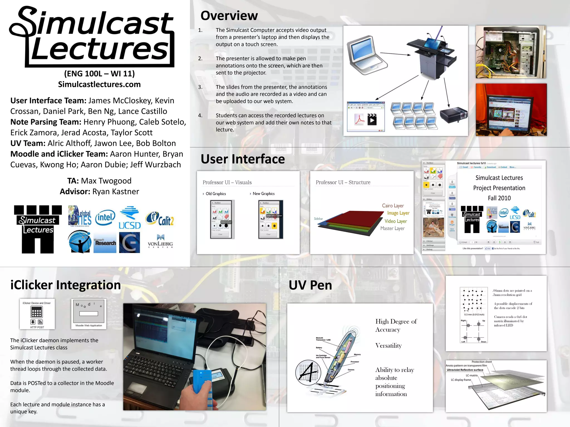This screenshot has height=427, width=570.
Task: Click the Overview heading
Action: pos(229,16)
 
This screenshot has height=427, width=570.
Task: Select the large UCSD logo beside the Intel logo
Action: pos(130,218)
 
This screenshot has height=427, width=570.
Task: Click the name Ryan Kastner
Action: pos(116,192)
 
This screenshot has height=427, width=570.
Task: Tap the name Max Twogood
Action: pos(106,181)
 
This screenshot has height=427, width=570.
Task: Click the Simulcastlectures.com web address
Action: pos(99,84)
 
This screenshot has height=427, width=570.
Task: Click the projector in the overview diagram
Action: pos(453,115)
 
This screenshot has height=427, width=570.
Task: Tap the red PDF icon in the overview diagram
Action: pos(359,120)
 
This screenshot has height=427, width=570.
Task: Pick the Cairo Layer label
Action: pos(393,206)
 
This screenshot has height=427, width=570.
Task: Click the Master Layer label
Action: pos(392,228)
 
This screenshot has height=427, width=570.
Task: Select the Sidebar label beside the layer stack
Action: pos(318,219)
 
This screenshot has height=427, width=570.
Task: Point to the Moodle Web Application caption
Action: pos(89,326)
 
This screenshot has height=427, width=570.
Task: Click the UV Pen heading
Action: pos(310,285)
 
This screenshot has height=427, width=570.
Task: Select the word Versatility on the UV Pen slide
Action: pos(389,346)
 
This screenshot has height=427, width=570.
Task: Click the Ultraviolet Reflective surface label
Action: pos(465,370)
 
